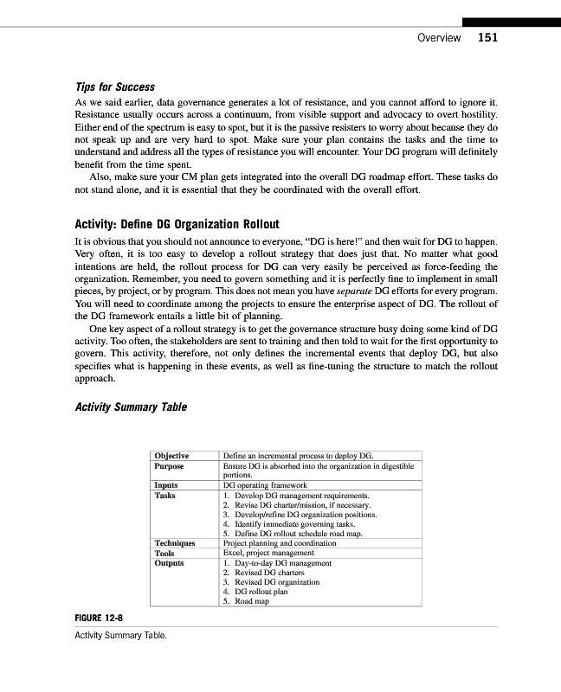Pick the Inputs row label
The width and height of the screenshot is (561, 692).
click(166, 485)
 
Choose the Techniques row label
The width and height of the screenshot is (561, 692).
click(174, 543)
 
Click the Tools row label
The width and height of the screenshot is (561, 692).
click(164, 553)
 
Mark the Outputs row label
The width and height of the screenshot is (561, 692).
click(169, 563)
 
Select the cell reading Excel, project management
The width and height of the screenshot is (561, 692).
click(268, 553)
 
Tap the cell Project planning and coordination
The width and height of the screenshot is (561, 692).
click(279, 543)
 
